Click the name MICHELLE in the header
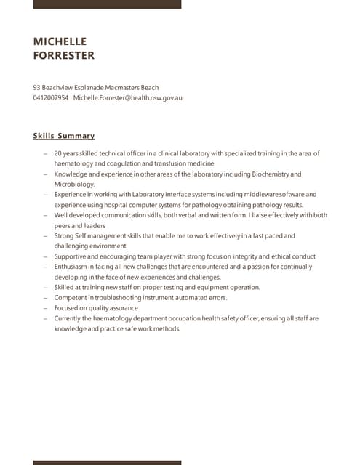click(60, 41)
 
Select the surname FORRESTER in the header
click(64, 55)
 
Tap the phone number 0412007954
click(51, 97)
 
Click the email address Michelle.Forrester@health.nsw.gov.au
click(127, 97)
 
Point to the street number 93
click(37, 87)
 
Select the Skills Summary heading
click(64, 136)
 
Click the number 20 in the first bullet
click(58, 153)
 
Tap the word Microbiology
click(74, 185)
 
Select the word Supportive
click(72, 256)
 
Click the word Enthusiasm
click(73, 267)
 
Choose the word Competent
click(71, 298)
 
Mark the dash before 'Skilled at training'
click(45, 288)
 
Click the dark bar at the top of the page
click(107, 4)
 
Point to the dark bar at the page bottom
click(107, 462)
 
